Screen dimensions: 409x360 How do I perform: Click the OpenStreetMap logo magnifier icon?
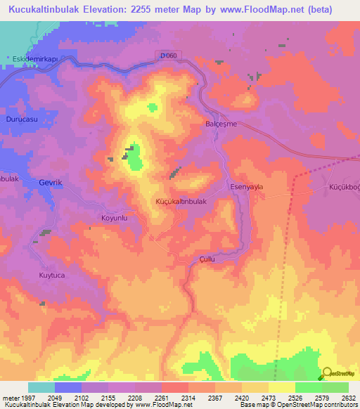click(327, 373)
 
